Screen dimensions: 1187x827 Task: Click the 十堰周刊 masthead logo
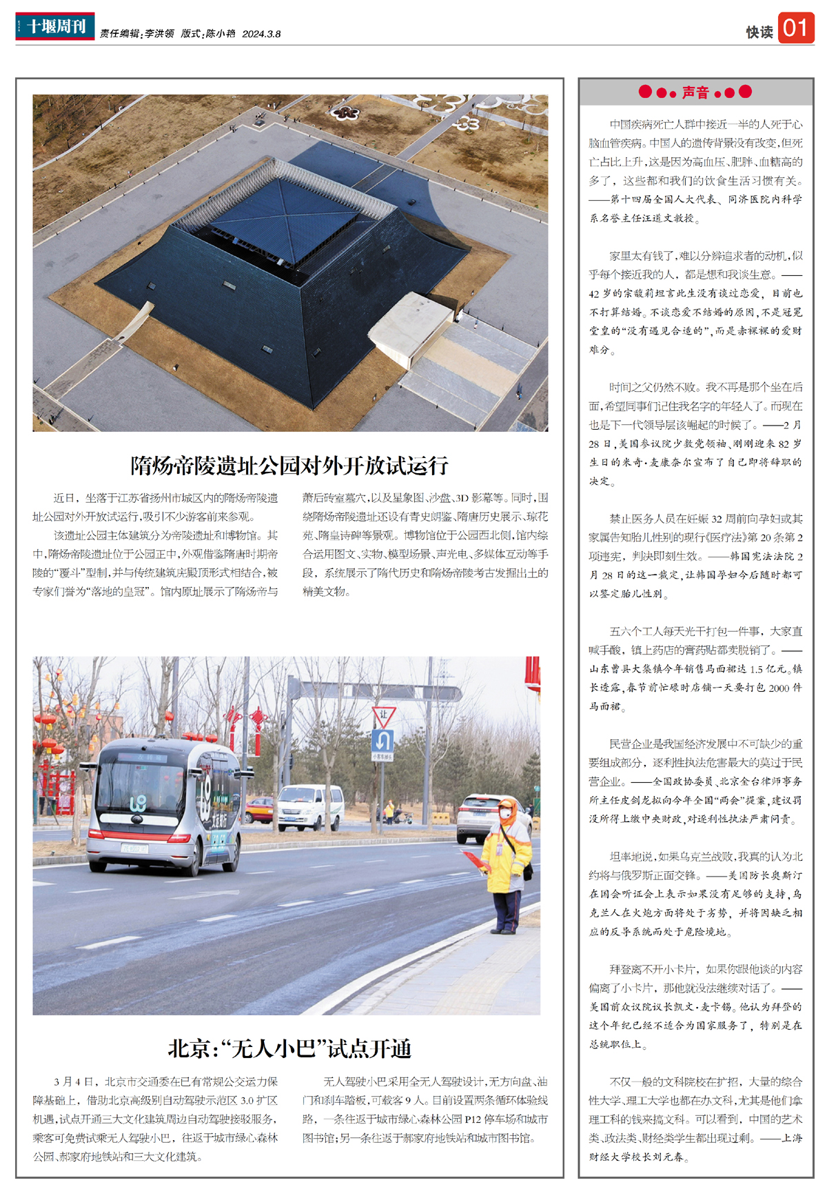pos(55,26)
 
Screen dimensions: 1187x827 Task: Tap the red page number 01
pos(795,28)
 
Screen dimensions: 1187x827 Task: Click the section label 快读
pos(759,32)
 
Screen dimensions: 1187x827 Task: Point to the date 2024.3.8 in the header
pos(261,34)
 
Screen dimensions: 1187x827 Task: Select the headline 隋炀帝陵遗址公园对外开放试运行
pos(289,466)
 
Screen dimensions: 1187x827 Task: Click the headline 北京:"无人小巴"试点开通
pos(289,1049)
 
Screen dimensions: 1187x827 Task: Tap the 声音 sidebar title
pos(695,92)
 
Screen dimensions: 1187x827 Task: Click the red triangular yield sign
pos(383,716)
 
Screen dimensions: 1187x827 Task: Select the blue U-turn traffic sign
pos(382,741)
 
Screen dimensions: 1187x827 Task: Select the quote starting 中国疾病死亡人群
pos(695,171)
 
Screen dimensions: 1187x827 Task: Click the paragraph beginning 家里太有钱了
pos(695,302)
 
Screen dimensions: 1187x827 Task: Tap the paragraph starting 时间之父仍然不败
pos(695,434)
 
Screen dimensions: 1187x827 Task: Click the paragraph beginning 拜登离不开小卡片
pos(695,1006)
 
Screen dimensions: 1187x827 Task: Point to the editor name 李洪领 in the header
pos(159,34)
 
